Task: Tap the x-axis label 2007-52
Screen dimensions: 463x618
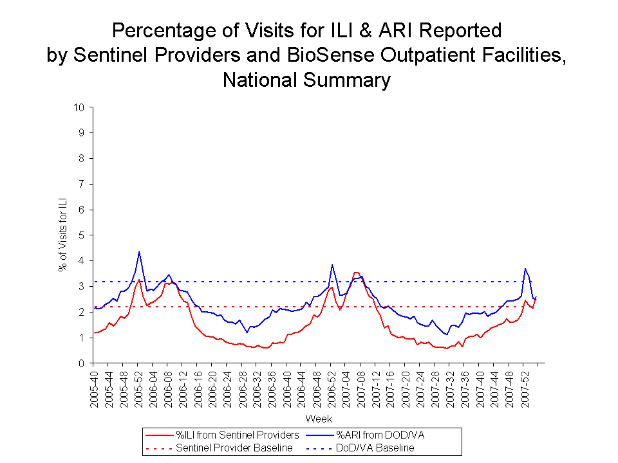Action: tap(525, 388)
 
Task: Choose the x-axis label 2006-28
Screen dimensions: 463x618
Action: tap(243, 388)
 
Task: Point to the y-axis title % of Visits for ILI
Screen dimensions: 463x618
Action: tap(63, 235)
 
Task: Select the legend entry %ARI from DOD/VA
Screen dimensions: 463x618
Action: tap(380, 435)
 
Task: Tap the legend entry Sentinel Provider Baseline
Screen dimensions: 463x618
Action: tap(234, 448)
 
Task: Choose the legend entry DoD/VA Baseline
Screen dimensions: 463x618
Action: tap(377, 448)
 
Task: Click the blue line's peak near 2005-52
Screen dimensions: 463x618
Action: tap(139, 251)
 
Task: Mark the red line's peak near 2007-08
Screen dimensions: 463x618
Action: tap(355, 272)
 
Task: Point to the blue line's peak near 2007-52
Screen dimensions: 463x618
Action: tap(526, 269)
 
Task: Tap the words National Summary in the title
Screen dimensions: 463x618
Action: tap(307, 80)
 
